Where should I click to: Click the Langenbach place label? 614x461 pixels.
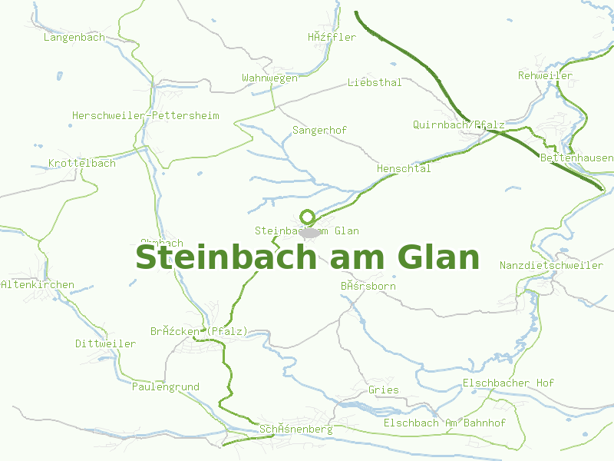tap(74, 37)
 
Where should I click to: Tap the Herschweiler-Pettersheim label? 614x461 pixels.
tap(145, 115)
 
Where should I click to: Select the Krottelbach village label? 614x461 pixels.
tap(81, 163)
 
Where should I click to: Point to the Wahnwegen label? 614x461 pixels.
tap(269, 78)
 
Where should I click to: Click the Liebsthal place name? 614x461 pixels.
tap(374, 82)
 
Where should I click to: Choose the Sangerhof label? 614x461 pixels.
tap(319, 130)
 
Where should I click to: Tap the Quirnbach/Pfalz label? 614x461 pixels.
tap(458, 124)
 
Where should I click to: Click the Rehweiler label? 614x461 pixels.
tap(545, 75)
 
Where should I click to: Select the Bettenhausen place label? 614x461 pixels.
tap(576, 158)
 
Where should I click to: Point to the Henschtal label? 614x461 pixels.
tap(404, 168)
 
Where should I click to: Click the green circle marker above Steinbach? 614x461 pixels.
tap(307, 217)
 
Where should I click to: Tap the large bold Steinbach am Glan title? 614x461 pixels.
tap(307, 257)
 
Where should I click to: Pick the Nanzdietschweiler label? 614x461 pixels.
tap(551, 265)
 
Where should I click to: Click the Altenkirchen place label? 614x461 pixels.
tap(38, 284)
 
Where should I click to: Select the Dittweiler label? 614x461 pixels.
tap(105, 343)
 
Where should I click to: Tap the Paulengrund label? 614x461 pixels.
tap(165, 386)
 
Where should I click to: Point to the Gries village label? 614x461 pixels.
tap(383, 390)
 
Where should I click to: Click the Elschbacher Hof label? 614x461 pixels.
tap(508, 383)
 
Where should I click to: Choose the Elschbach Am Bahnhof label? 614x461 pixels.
tap(444, 423)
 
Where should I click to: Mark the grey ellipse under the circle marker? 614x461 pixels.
tap(309, 232)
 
